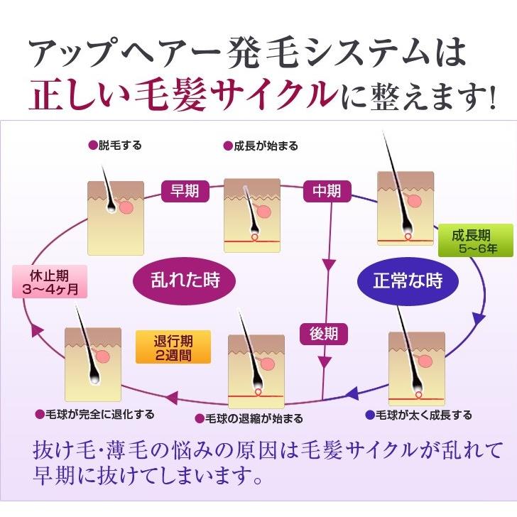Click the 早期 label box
(x=185, y=192)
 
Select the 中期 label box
(x=327, y=192)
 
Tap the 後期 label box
(x=324, y=333)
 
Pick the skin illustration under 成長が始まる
(x=252, y=215)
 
